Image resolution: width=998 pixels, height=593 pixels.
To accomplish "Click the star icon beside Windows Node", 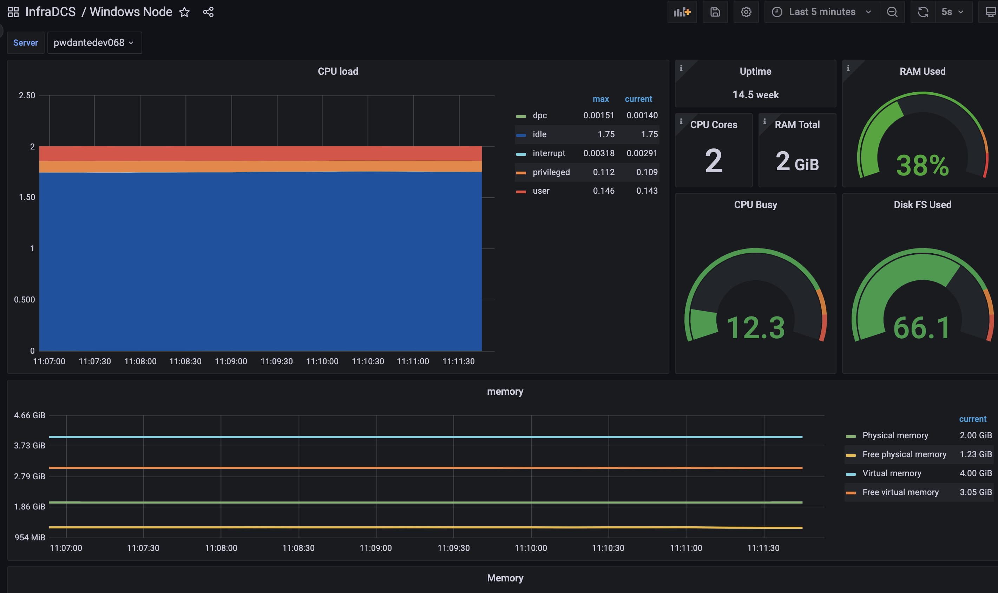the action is (x=184, y=12).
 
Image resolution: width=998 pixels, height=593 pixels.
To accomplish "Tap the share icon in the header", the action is (x=208, y=12).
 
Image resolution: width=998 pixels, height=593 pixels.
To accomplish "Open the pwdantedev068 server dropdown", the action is (x=94, y=43).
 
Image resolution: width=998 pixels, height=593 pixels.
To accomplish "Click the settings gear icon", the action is (x=746, y=12).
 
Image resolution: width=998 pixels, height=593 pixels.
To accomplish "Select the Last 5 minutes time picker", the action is (x=822, y=12).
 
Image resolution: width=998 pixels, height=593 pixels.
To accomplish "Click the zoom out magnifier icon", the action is (x=892, y=12).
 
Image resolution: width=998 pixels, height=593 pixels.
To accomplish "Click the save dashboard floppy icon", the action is (x=715, y=12).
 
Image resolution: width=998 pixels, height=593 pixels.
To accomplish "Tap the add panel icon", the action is (x=682, y=12).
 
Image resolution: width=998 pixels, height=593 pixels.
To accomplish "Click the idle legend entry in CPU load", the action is (x=539, y=134).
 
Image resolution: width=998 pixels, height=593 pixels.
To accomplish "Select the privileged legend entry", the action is (x=551, y=172).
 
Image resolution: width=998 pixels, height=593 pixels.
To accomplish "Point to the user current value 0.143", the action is (x=646, y=191).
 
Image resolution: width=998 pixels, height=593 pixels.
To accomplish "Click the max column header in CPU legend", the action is (x=600, y=99).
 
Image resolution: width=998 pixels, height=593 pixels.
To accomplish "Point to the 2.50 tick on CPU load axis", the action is (x=27, y=95).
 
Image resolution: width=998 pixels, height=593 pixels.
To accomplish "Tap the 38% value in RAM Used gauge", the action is (x=923, y=165).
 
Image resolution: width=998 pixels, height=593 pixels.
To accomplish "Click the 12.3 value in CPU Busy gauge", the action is (x=755, y=328).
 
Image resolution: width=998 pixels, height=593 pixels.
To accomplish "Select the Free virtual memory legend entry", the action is (x=900, y=492).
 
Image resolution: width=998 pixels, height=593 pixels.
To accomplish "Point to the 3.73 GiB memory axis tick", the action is (x=29, y=446).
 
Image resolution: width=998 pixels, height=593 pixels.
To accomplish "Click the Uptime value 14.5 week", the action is (x=755, y=95).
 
